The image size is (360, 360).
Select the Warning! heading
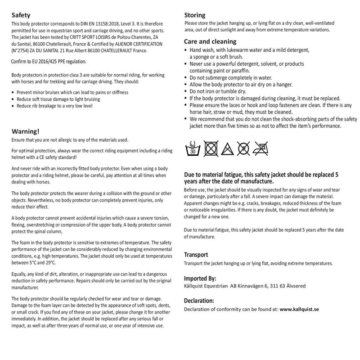click(25, 131)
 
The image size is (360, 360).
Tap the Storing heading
click(195, 15)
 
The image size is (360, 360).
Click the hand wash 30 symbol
click(193, 147)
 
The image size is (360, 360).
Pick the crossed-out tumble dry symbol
click(211, 147)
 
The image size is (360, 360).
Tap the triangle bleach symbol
click(227, 147)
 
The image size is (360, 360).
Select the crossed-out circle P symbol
click(243, 147)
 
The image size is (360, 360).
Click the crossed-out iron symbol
click(260, 147)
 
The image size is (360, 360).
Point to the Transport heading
click(196, 254)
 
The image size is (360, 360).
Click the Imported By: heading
click(200, 278)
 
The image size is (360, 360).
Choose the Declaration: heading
click(199, 301)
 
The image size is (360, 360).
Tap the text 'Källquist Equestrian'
click(206, 286)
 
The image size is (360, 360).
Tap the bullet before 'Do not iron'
click(187, 91)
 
